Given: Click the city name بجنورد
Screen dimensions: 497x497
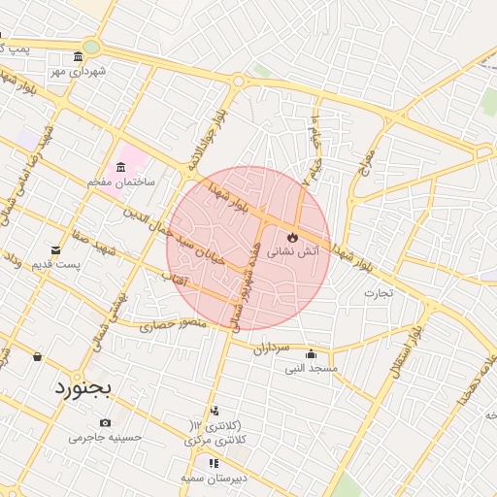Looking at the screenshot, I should click(x=79, y=389).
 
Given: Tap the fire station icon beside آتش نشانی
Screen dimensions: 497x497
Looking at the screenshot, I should click(x=292, y=237).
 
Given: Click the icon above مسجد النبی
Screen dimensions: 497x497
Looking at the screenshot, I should click(x=311, y=354).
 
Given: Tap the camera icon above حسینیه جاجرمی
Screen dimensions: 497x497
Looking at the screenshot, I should click(x=105, y=423).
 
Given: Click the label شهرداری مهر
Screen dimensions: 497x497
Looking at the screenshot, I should click(x=79, y=71).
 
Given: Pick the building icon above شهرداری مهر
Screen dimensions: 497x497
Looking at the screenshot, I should click(x=78, y=57).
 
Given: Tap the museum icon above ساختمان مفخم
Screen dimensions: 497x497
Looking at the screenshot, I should click(x=120, y=167).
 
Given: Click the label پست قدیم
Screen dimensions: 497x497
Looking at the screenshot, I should click(x=55, y=264).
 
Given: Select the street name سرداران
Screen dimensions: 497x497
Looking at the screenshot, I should click(x=272, y=348).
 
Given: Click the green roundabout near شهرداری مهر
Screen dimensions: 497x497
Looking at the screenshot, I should click(x=91, y=46).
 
